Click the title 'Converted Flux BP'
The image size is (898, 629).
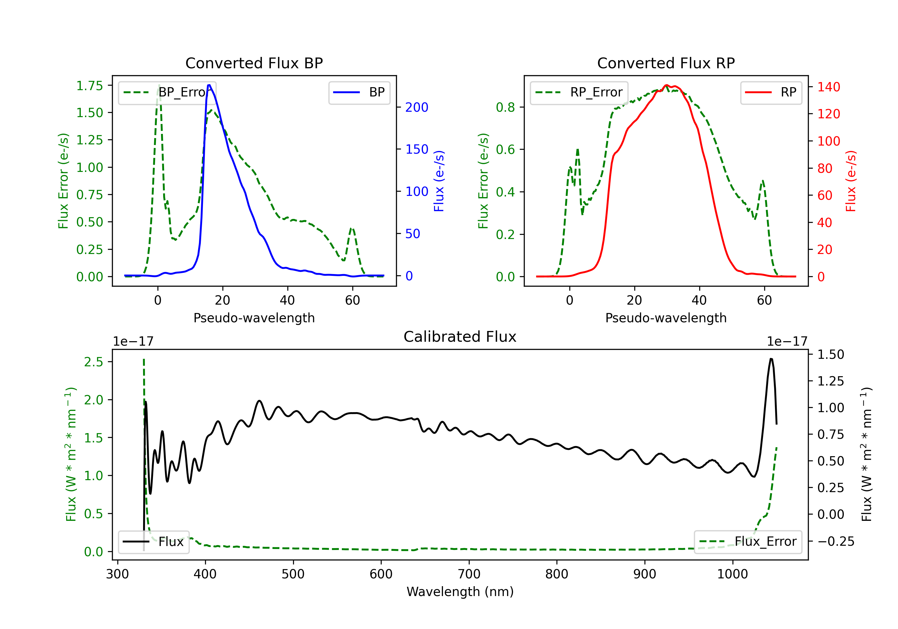254,63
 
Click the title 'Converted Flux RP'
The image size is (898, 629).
666,63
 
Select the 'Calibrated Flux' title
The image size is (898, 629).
460,337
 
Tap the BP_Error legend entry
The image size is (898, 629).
167,92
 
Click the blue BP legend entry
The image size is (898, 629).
359,92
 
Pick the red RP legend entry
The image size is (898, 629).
771,92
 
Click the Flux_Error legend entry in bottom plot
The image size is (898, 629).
748,542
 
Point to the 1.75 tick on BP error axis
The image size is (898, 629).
89,86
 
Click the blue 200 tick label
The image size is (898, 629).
417,107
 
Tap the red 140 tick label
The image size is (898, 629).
829,87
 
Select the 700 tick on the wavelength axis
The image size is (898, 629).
469,574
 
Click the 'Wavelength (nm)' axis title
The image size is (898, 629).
460,592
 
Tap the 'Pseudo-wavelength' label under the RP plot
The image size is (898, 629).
666,318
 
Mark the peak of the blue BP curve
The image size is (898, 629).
209,85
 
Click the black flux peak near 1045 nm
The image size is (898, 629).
771,359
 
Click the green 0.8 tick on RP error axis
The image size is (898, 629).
505,107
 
